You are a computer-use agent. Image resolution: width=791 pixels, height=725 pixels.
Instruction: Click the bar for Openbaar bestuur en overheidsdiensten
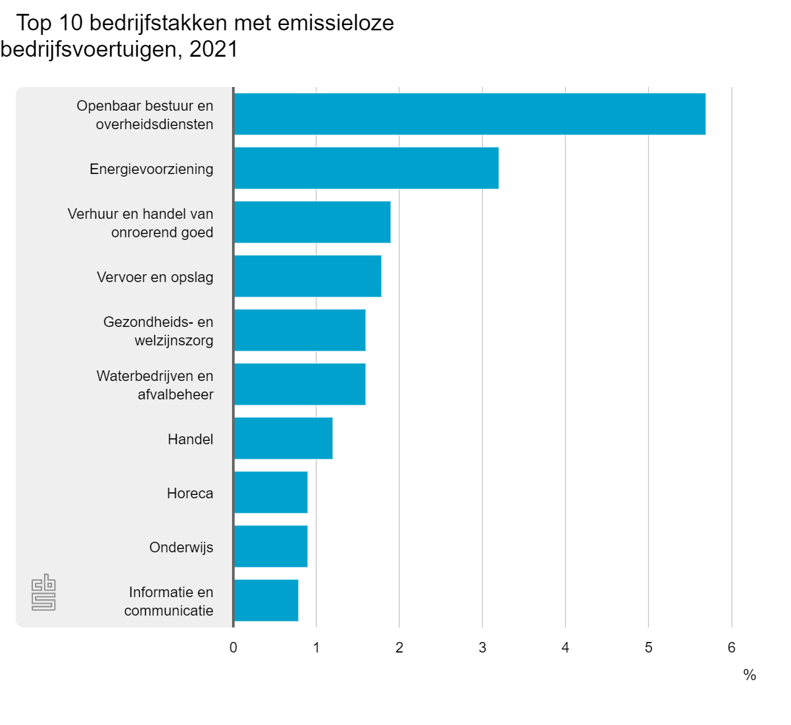(469, 114)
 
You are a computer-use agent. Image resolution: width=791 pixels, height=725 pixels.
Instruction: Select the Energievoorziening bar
(366, 168)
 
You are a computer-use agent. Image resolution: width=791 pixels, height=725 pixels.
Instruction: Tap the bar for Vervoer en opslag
(307, 276)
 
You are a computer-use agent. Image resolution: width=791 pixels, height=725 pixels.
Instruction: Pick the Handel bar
(283, 438)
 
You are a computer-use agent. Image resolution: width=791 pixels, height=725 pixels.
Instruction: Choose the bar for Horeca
(270, 492)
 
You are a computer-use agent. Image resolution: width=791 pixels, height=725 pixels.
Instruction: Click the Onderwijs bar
(270, 546)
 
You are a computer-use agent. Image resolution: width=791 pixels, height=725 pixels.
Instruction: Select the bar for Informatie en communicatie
(266, 600)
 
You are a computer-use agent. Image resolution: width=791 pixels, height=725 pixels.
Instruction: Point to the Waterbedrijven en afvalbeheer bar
(299, 384)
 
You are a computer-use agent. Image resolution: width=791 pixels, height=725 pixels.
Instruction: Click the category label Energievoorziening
(152, 169)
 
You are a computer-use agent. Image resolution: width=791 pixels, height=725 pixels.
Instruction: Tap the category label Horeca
(190, 493)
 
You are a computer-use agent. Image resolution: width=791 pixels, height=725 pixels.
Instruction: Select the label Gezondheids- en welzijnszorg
(158, 331)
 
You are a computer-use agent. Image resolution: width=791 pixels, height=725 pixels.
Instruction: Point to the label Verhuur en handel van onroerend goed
(140, 223)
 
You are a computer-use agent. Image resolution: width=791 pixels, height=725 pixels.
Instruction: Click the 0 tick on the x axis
(233, 647)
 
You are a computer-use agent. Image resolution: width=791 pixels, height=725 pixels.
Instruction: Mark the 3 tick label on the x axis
(483, 647)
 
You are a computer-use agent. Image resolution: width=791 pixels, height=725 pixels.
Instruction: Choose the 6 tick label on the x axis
(732, 647)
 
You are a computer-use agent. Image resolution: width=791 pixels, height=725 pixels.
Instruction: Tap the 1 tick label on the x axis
(316, 647)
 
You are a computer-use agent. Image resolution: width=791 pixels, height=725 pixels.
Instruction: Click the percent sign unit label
(749, 675)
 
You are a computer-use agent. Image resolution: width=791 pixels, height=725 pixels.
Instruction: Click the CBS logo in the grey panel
(44, 592)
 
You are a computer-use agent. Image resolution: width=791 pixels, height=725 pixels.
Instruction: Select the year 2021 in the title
(213, 49)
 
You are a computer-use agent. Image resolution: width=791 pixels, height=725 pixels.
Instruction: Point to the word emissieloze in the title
(336, 23)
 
